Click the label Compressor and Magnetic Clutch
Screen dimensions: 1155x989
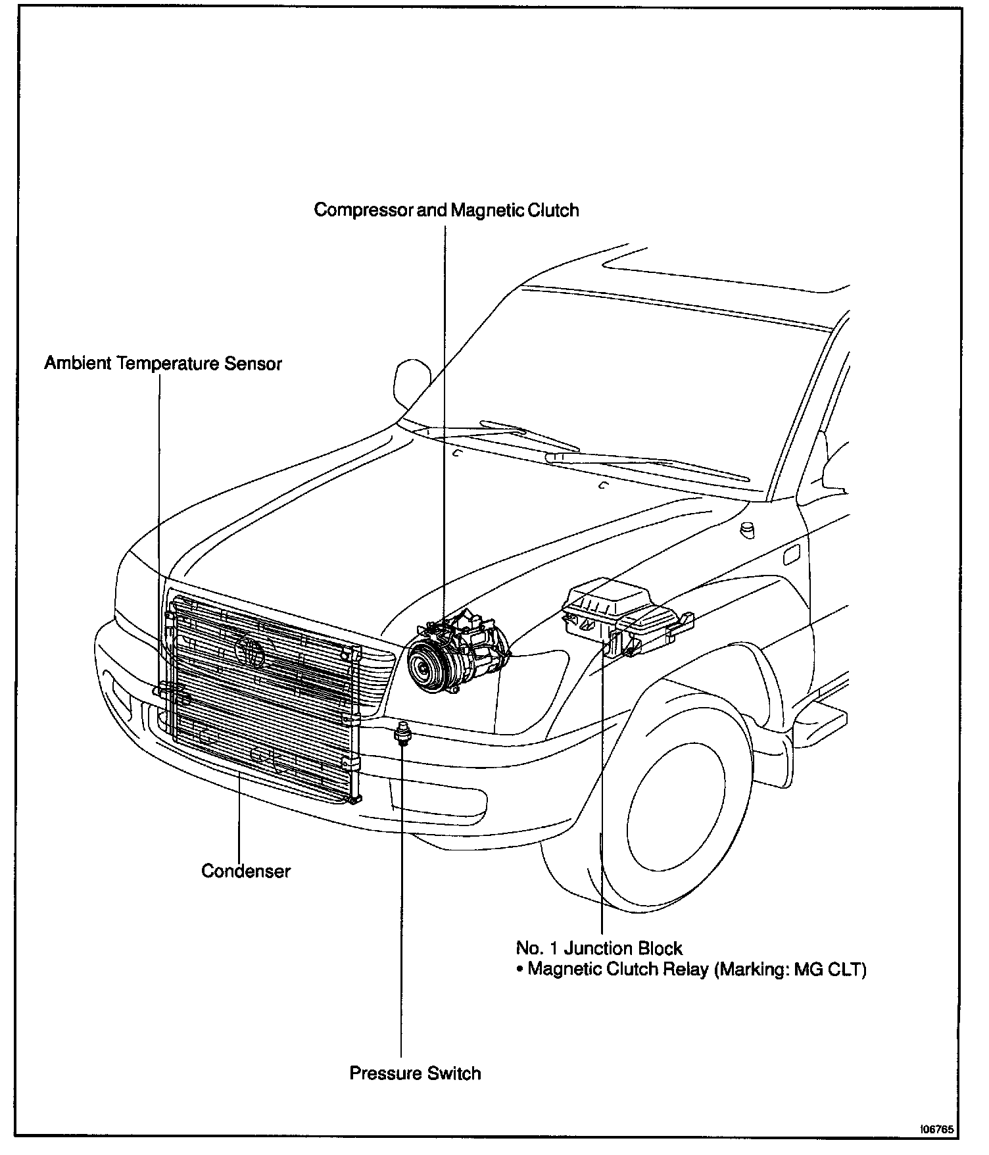[446, 210]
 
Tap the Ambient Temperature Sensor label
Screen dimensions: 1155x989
[162, 363]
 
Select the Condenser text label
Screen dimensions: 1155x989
[245, 871]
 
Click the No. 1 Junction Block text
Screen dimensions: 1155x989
[598, 948]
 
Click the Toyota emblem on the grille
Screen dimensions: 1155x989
[250, 651]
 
